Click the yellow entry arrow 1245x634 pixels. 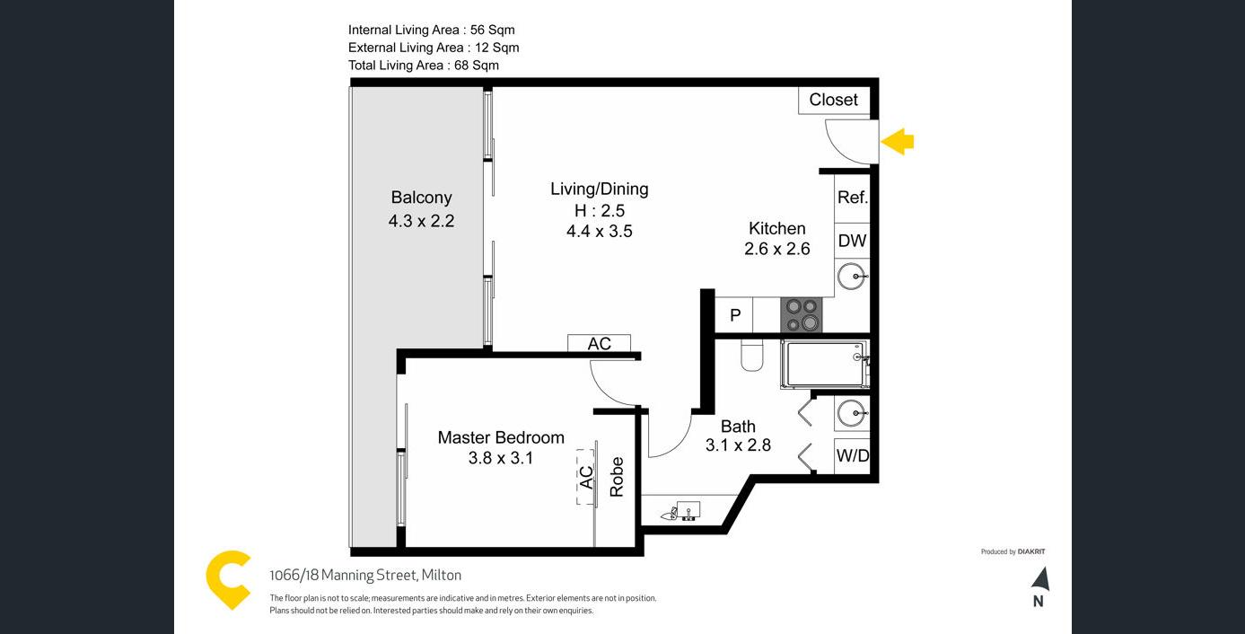pos(897,142)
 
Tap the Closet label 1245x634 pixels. pos(833,100)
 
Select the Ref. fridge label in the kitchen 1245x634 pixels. pos(852,198)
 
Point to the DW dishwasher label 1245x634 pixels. pos(852,241)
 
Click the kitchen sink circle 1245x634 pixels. pos(852,277)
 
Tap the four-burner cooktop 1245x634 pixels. pos(802,315)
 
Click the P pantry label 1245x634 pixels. pos(735,315)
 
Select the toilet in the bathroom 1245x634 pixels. pos(752,357)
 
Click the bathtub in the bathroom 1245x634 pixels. pos(825,365)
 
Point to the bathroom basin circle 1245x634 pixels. pos(852,413)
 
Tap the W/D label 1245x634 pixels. pos(853,455)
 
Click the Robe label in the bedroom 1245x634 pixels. pos(617,477)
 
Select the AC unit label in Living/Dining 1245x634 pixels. pos(599,344)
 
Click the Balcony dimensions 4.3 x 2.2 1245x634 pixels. pos(421,221)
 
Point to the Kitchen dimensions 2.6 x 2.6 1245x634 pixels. pos(777,249)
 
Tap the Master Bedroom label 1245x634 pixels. pos(501,437)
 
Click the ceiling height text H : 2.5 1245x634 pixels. pos(599,210)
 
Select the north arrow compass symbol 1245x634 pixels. pos(1040,579)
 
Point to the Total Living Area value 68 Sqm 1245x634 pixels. pos(477,65)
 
